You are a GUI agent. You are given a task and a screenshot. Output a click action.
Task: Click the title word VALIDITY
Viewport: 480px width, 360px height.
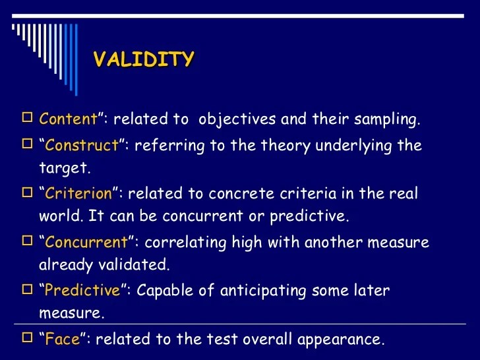tap(144, 60)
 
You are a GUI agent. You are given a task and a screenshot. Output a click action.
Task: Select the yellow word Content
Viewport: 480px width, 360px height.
tap(69, 119)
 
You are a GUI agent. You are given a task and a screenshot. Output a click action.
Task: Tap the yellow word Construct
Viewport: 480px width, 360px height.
tap(82, 145)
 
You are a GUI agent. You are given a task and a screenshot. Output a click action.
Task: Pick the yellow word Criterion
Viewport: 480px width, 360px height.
tap(80, 194)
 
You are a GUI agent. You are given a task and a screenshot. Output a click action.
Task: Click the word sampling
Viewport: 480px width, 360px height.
tap(389, 119)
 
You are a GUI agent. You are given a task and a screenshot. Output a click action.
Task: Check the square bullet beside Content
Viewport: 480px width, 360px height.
tap(27, 119)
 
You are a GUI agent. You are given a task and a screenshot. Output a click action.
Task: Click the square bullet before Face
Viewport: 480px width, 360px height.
tap(27, 339)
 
